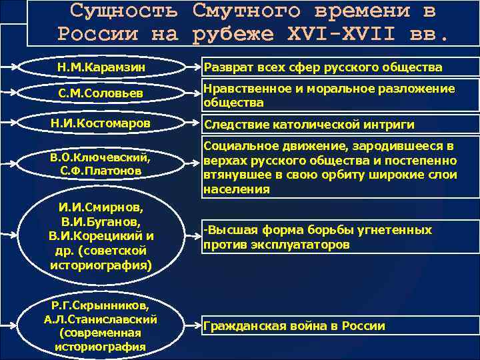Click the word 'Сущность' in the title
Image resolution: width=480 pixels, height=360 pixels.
(x=124, y=11)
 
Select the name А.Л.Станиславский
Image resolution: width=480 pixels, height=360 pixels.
(x=100, y=319)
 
